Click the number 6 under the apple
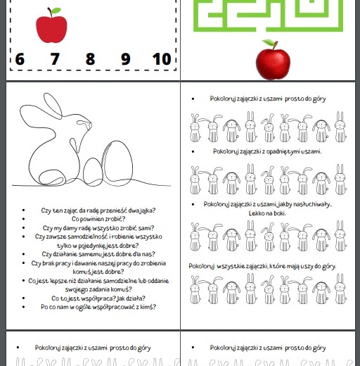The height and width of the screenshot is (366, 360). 19,59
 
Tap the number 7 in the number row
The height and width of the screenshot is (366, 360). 55,59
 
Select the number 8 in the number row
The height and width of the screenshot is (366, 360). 90,59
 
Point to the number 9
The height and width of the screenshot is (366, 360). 125,59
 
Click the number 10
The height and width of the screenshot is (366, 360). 161,59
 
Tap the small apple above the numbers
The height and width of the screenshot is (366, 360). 51,27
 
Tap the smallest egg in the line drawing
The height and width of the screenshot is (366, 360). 92,171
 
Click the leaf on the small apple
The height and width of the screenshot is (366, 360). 56,11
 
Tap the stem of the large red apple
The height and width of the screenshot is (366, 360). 268,44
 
